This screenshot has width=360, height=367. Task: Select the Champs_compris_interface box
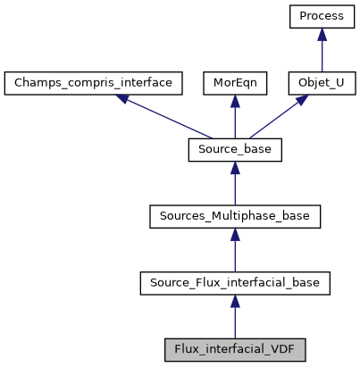tap(94, 83)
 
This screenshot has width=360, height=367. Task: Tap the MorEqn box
tap(235, 83)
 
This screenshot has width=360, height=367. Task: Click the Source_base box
tap(235, 150)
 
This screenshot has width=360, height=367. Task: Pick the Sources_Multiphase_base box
tap(235, 216)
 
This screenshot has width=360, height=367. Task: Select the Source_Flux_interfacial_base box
tap(235, 282)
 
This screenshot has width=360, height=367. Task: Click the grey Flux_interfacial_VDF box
tap(235, 349)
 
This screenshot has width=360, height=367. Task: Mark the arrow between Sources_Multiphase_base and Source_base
tap(235, 185)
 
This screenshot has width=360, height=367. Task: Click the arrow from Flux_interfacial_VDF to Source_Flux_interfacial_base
tap(235, 318)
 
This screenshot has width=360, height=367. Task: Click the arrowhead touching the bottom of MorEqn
tap(235, 102)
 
